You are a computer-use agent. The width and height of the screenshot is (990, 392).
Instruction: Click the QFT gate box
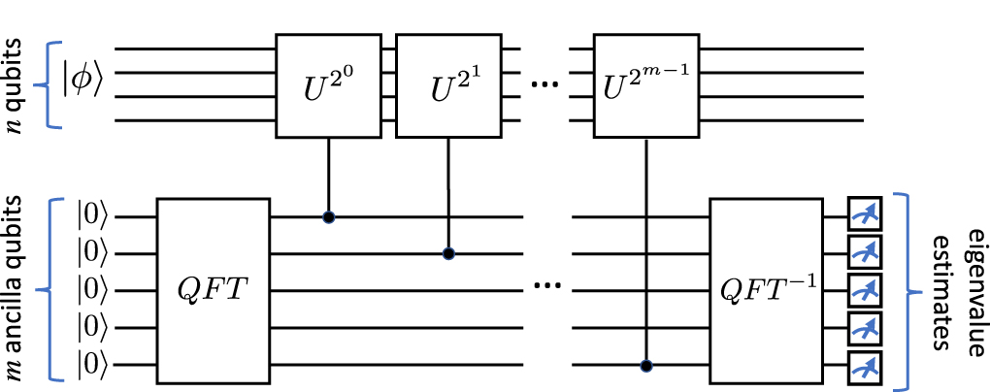click(x=213, y=290)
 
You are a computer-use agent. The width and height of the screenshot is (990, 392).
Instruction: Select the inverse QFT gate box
click(x=766, y=290)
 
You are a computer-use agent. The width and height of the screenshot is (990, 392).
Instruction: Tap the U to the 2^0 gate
click(x=330, y=84)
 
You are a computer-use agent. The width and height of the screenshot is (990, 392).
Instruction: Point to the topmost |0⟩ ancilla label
click(x=96, y=216)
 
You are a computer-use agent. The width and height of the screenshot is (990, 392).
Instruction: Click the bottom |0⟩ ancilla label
click(x=96, y=366)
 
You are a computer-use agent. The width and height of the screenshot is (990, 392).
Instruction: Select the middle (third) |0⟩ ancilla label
click(x=96, y=291)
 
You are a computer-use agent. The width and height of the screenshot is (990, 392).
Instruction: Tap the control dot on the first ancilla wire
click(x=329, y=217)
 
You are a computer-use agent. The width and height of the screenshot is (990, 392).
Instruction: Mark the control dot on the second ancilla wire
click(x=447, y=254)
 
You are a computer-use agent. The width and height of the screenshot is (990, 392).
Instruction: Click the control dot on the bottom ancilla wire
click(x=645, y=367)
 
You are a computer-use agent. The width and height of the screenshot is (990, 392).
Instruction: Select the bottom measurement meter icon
click(x=862, y=367)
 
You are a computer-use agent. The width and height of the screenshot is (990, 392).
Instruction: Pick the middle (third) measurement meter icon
click(x=862, y=291)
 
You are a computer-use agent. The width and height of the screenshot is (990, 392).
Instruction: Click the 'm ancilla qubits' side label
click(x=17, y=290)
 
